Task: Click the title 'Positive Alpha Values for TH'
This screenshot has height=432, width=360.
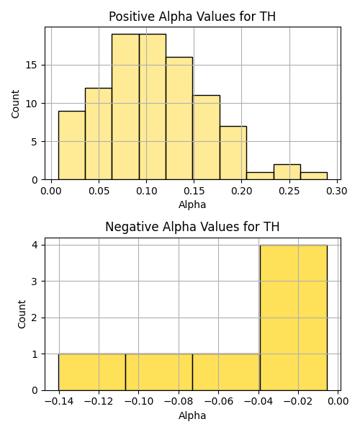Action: (192, 17)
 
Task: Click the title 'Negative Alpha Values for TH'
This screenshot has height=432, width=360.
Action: (192, 227)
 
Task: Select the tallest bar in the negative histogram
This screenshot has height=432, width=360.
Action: (294, 318)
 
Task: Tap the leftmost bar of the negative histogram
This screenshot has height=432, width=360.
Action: (92, 372)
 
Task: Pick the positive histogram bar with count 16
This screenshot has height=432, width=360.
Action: (179, 119)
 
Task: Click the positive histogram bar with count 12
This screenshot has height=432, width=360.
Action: (99, 134)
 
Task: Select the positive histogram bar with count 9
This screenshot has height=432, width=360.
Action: (71, 145)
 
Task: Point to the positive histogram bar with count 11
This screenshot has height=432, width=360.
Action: (207, 138)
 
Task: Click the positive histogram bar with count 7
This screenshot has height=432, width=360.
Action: (233, 153)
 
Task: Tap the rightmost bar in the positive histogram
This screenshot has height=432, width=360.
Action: (314, 176)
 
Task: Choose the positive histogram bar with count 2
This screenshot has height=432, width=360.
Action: (287, 172)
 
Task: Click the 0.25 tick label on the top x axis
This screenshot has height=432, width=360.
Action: (289, 191)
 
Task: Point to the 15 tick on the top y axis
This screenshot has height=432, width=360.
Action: (32, 66)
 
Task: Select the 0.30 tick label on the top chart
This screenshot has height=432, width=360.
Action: (337, 191)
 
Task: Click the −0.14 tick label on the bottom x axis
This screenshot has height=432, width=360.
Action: (59, 402)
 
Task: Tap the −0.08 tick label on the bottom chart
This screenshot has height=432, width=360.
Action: (179, 402)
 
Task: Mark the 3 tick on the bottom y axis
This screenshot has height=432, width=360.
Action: (35, 282)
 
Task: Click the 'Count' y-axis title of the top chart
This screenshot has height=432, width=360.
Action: (15, 104)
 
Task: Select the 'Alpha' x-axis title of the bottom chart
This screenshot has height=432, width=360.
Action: (192, 415)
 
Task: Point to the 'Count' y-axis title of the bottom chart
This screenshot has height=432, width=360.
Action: (22, 314)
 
